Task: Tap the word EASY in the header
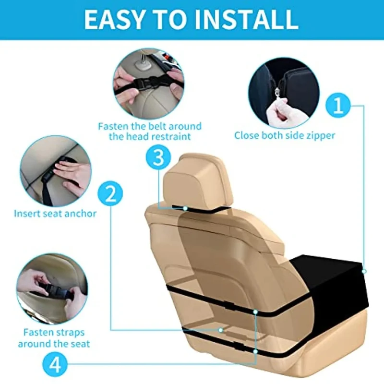114,19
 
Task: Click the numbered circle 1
338,105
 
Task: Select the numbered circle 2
110,194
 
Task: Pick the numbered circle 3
158,157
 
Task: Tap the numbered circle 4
55,365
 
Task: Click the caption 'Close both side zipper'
285,135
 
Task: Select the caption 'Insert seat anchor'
55,213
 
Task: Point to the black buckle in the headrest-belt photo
146,82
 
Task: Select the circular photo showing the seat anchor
56,171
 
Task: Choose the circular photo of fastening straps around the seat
52,289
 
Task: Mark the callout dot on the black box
364,271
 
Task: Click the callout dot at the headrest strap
185,208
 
